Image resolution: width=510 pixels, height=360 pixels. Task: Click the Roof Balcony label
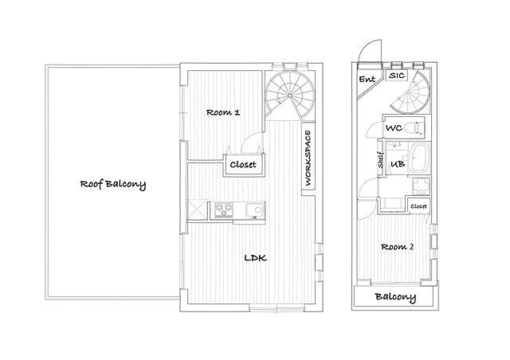(113, 185)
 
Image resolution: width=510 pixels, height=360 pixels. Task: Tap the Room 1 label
(223, 112)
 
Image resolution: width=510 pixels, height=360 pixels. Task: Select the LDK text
(256, 258)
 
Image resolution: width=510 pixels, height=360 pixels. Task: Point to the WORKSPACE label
(308, 158)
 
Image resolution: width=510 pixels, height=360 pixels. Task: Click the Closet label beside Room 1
(243, 165)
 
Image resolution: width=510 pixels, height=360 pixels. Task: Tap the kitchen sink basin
(255, 210)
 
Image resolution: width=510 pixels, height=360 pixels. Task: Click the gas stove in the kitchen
(223, 209)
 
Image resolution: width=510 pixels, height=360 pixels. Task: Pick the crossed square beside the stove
(198, 209)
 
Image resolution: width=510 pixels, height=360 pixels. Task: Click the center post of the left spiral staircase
(289, 96)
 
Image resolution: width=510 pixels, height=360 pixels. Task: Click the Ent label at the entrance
(367, 79)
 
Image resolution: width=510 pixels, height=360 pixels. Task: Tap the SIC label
(397, 76)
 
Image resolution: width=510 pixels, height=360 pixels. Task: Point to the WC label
(394, 127)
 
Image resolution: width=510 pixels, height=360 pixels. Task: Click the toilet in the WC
(415, 127)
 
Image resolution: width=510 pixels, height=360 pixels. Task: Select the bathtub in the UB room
(419, 158)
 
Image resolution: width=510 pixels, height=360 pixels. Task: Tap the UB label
(398, 164)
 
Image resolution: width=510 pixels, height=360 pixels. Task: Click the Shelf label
(381, 159)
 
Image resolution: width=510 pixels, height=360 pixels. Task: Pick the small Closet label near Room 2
(418, 206)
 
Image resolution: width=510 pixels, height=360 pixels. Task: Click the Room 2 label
(397, 247)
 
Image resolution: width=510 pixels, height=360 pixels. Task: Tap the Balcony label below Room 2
(395, 297)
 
